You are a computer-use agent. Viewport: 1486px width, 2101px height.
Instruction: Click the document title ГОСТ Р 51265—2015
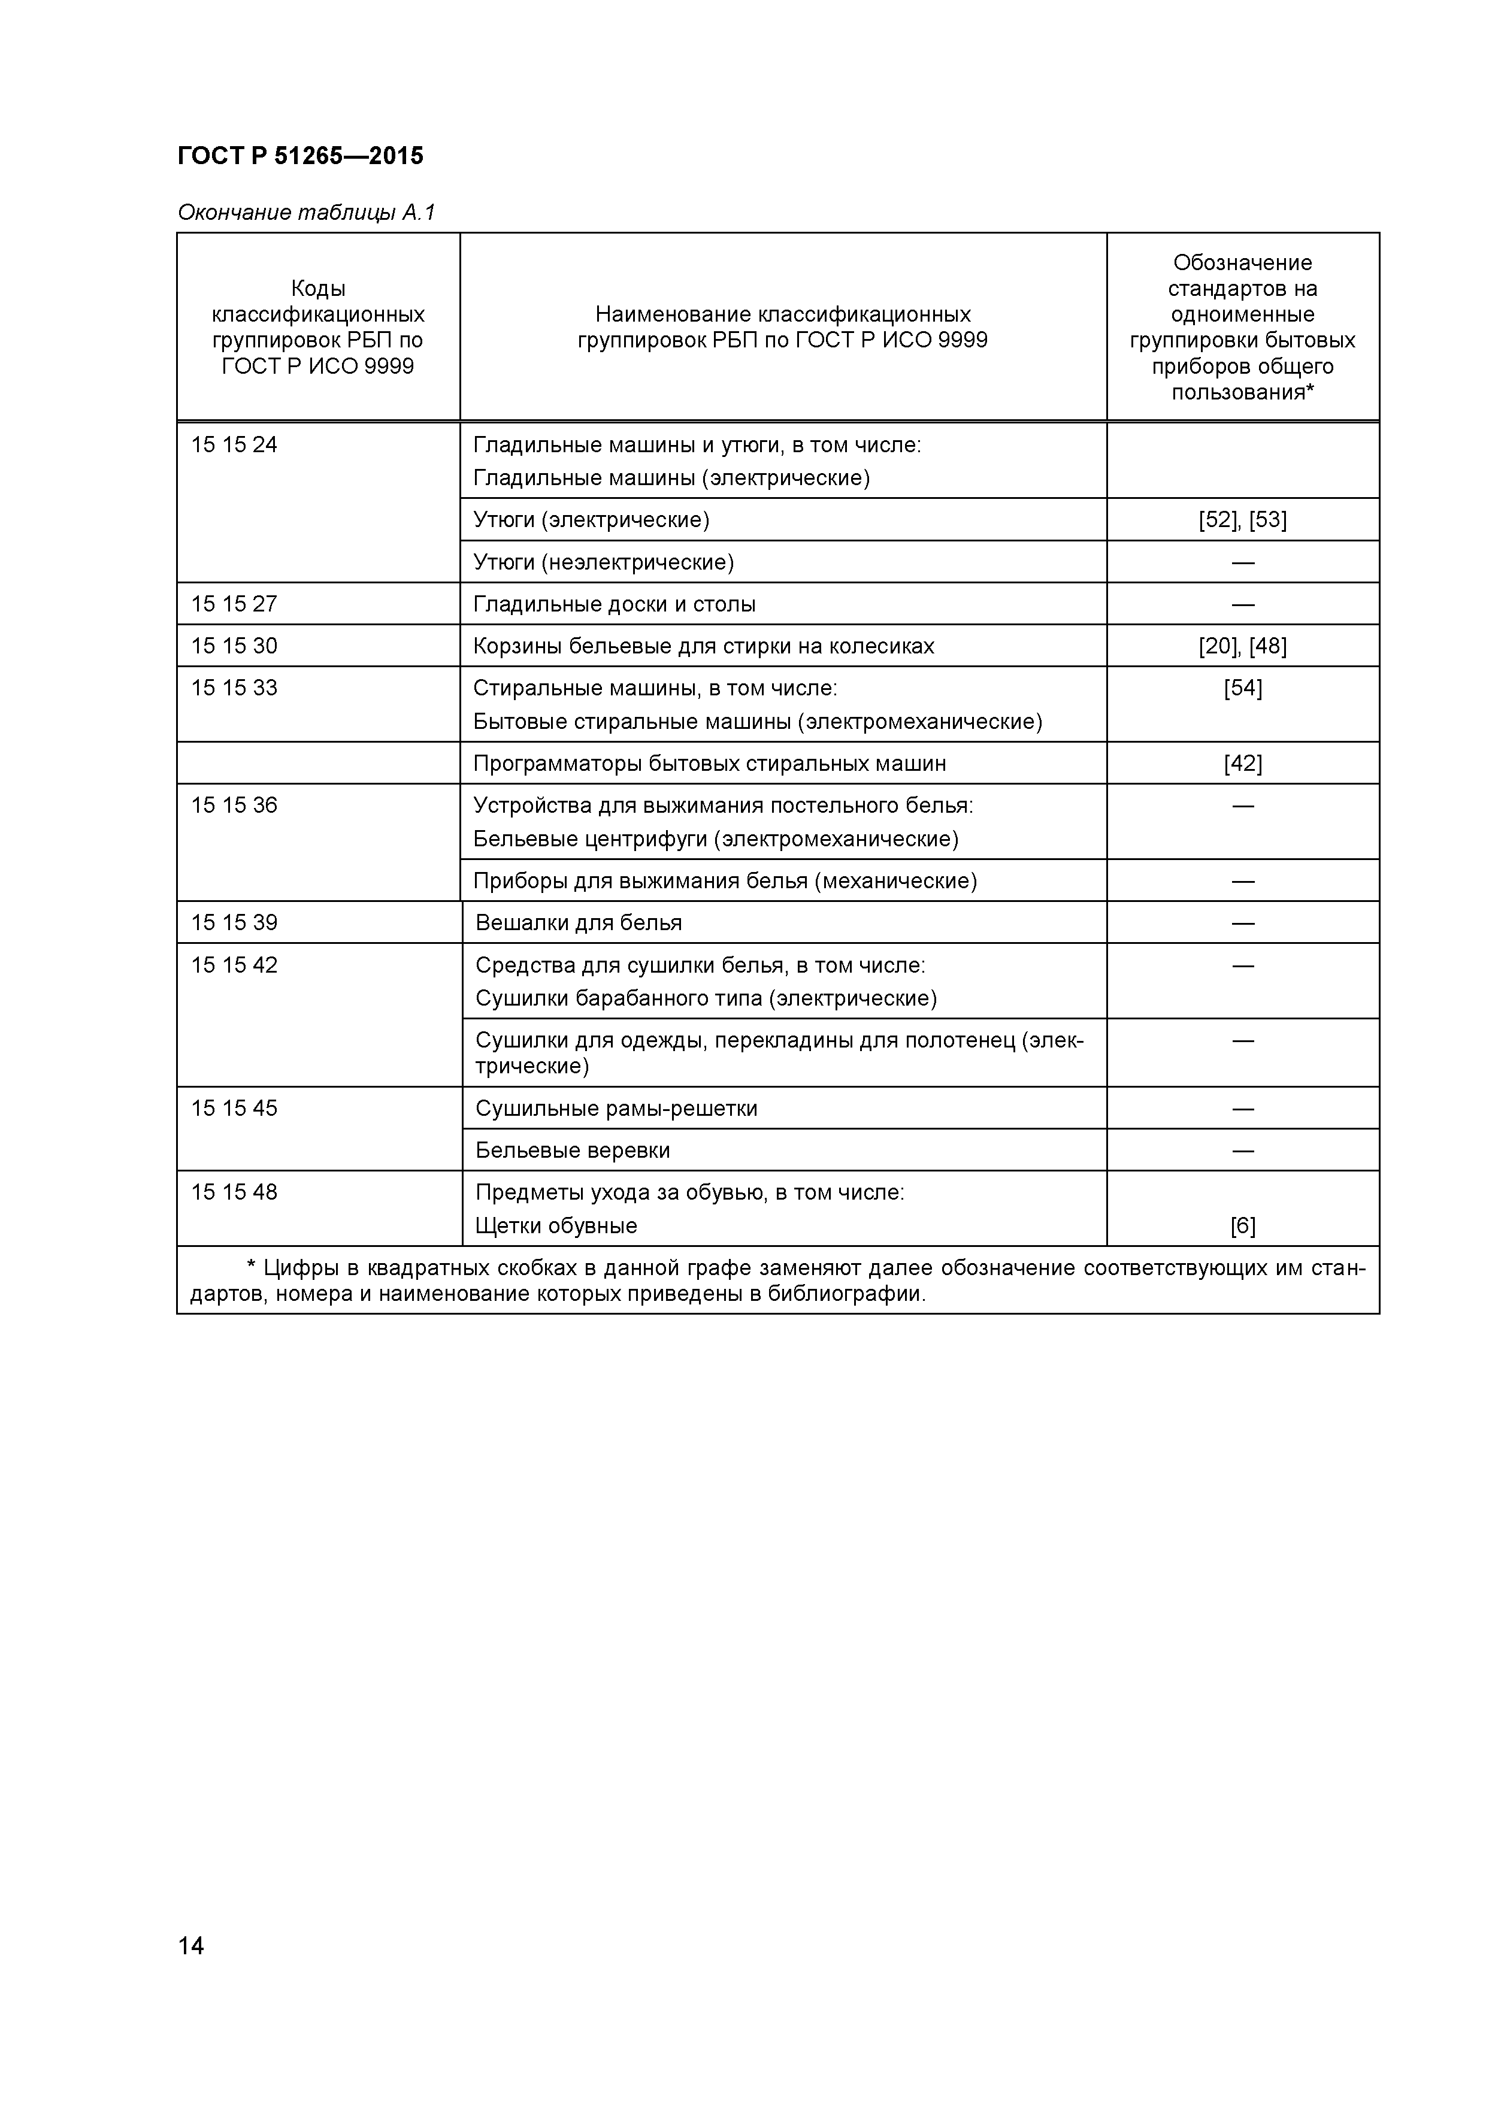pos(300,156)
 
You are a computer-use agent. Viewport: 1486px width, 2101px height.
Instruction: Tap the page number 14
pos(190,1970)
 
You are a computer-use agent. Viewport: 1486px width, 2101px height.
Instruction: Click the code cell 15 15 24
pos(234,445)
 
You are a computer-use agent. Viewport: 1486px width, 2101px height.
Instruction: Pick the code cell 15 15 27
pos(234,604)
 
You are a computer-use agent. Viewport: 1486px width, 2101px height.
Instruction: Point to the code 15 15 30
pos(234,646)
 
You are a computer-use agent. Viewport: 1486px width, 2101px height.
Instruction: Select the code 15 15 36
pos(234,806)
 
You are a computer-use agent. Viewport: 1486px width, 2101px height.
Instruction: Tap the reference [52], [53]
pos(1243,520)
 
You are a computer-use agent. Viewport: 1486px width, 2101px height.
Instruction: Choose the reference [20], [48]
pos(1243,646)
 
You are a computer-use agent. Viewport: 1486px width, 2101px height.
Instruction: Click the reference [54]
pos(1243,688)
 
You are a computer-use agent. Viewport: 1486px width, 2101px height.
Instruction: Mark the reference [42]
pos(1243,763)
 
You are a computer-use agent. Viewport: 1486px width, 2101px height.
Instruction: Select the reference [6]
pos(1243,1225)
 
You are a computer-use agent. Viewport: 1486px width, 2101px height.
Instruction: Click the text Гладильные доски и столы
pos(614,604)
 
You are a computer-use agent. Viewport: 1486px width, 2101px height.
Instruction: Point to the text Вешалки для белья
pos(579,922)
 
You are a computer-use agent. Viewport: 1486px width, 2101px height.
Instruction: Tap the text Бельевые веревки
pos(573,1151)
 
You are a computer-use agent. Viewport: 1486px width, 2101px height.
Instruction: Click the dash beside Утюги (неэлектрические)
pos(1243,562)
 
